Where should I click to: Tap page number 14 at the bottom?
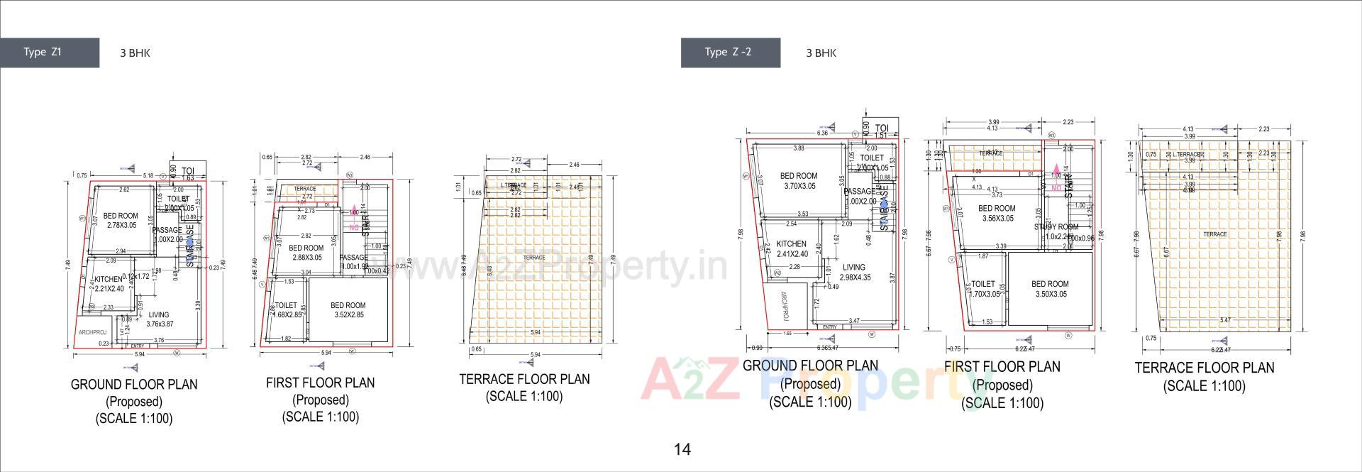coord(682,449)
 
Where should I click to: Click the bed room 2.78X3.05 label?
coord(121,221)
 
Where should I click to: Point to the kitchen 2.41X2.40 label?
coord(791,248)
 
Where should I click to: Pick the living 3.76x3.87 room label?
coord(159,319)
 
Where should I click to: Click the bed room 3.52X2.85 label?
coord(348,310)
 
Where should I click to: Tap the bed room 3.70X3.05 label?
coord(799,180)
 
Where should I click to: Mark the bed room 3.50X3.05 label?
coord(1050,289)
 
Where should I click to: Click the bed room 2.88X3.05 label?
coord(307,253)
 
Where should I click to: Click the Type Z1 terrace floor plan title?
coord(524,380)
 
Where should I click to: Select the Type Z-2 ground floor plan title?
coord(810,366)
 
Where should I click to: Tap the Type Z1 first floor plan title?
coord(320,383)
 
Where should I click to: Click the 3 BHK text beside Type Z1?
coord(135,53)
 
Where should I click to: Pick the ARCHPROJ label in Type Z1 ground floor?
coord(92,332)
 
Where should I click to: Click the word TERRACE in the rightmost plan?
coord(1214,234)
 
